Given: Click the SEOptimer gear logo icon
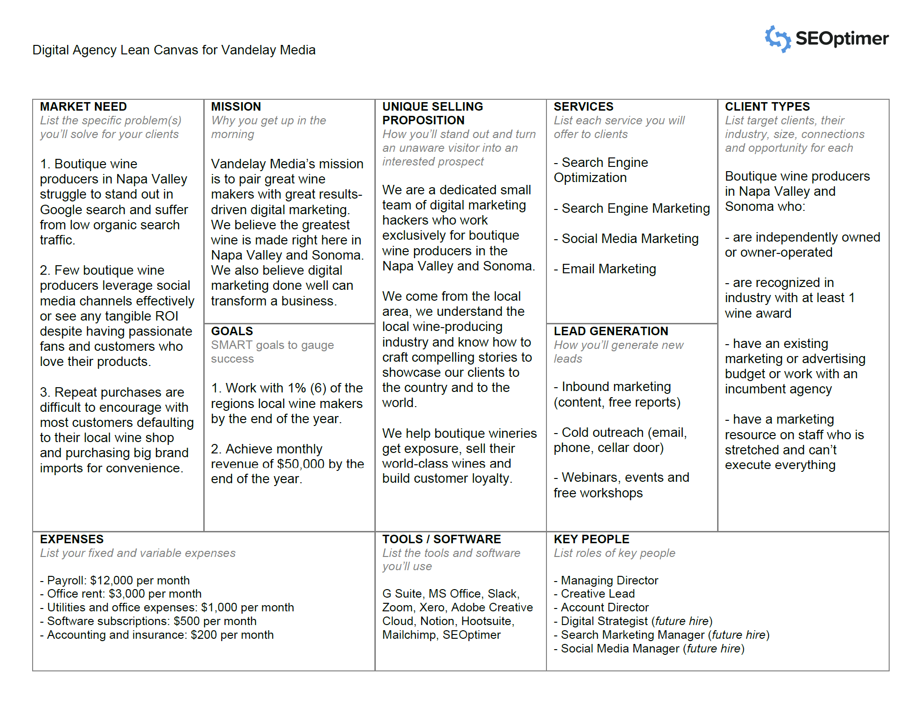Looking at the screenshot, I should click(x=778, y=39).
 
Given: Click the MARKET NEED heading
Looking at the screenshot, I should click(x=83, y=107).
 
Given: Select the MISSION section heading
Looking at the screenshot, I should click(x=236, y=107).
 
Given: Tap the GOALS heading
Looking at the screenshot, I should click(x=232, y=331).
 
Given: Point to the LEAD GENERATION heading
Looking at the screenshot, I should click(x=611, y=331).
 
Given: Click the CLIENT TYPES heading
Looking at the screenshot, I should click(x=767, y=107).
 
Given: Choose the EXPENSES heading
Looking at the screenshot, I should click(x=71, y=539).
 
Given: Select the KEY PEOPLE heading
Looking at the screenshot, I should click(x=591, y=539).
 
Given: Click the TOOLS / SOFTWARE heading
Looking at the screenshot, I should click(x=442, y=539).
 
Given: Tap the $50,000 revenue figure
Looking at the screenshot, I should click(x=301, y=464).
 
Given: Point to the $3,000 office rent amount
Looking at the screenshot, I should click(x=127, y=594).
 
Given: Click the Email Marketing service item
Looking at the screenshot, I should click(x=609, y=269).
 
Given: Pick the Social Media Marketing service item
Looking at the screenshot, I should click(x=630, y=239).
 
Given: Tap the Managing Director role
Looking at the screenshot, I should click(x=609, y=581).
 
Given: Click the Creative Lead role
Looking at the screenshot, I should click(x=598, y=594).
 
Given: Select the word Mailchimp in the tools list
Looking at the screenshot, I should click(x=409, y=635).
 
